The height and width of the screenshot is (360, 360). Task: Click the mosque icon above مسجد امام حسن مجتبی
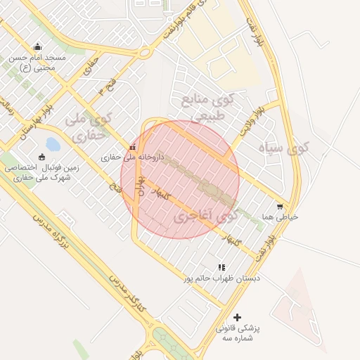pos(37,47)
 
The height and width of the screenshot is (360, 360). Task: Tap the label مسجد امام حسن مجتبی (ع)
pos(37,63)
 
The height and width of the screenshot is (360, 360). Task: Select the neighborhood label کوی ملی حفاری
pos(88,125)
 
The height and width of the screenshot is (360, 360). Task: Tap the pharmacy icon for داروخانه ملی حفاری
pos(133,147)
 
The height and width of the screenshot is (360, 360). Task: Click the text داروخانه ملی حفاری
pos(132,158)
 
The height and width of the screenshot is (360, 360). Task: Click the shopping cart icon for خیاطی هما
pos(280,207)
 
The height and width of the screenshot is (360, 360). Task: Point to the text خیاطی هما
pos(280,217)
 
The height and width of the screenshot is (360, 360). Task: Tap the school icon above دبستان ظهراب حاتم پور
pos(221,267)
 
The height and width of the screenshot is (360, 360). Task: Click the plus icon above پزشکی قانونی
pos(237,318)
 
